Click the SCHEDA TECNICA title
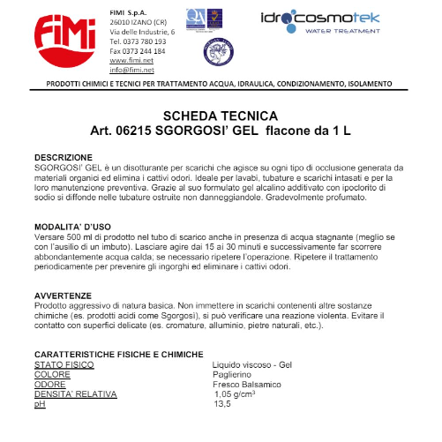tap(221, 116)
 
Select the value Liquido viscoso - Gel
tap(252, 363)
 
